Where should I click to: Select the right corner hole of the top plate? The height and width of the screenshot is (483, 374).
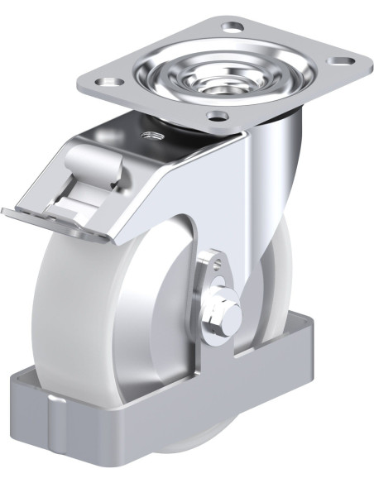pyautogui.click(x=338, y=60)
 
